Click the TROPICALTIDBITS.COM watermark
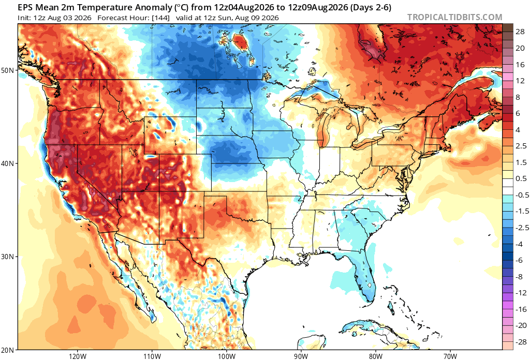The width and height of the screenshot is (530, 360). click(x=454, y=17)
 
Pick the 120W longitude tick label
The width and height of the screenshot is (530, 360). click(x=77, y=356)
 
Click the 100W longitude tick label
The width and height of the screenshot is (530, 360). click(x=226, y=356)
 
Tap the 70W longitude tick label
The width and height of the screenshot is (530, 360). click(x=450, y=356)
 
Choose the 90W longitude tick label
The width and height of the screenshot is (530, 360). click(x=301, y=356)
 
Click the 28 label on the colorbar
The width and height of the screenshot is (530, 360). click(x=520, y=32)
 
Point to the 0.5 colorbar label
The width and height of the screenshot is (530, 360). click(x=521, y=178)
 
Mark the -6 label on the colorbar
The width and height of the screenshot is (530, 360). click(x=519, y=260)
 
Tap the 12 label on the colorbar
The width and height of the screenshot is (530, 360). click(x=520, y=80)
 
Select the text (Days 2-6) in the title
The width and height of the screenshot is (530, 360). click(x=371, y=7)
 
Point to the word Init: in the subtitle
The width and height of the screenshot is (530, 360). click(x=25, y=18)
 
